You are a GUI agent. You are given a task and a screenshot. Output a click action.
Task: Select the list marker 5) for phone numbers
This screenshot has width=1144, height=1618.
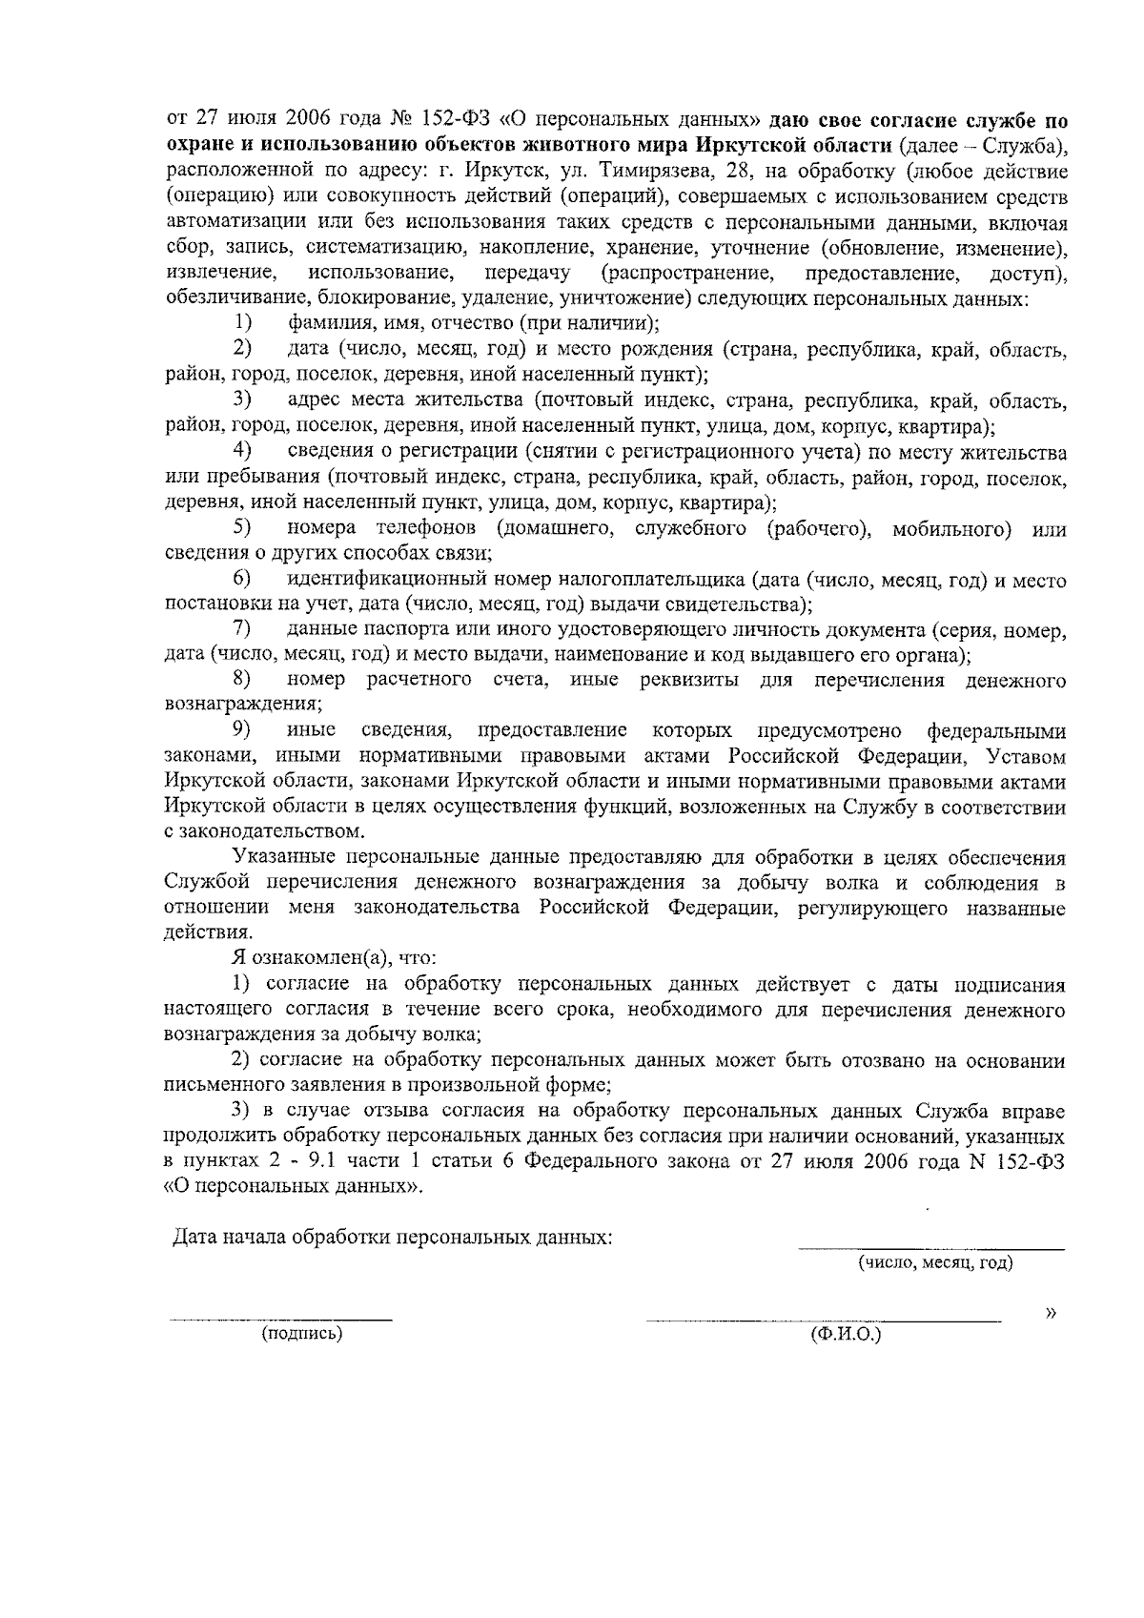242,527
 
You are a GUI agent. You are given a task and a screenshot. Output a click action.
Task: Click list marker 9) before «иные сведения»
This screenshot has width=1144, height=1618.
242,730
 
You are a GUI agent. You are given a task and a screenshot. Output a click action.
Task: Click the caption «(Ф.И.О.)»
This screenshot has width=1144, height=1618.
846,1334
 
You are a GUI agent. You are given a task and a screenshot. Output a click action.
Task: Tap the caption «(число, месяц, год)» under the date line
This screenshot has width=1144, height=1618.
934,1263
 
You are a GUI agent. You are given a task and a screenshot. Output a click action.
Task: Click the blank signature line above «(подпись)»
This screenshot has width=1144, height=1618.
280,1320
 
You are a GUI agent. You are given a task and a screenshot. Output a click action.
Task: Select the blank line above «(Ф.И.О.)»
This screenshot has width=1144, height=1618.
824,1321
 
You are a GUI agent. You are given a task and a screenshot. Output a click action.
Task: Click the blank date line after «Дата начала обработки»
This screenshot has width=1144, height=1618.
930,1248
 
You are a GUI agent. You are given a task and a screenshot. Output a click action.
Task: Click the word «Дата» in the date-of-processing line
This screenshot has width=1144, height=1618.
194,1239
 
